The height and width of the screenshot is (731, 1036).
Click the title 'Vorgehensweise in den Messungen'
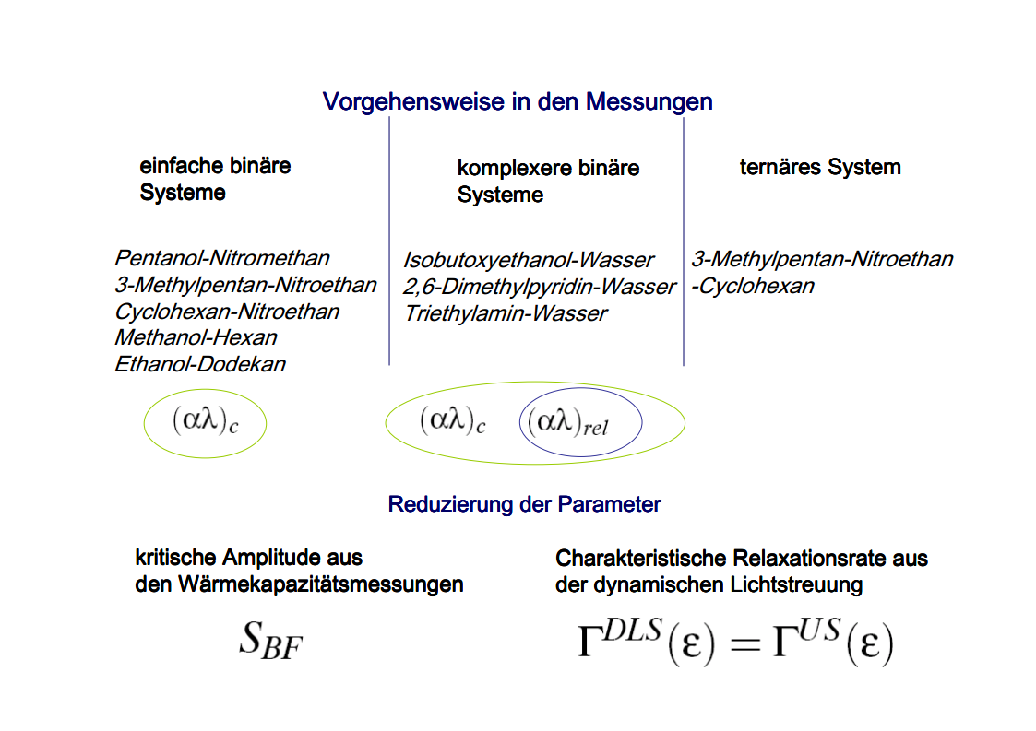tap(518, 101)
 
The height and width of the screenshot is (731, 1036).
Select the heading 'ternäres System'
tap(820, 168)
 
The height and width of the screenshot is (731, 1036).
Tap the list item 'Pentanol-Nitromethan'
tap(222, 258)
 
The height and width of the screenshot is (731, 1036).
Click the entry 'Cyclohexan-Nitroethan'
tap(227, 312)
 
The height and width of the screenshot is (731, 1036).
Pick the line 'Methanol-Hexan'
tap(196, 337)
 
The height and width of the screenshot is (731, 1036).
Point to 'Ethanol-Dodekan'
tap(200, 364)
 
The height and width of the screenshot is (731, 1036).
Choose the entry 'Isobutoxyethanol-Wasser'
tap(529, 260)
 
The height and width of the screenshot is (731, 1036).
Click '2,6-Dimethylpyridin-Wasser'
tap(540, 287)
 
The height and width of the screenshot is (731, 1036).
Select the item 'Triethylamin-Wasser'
tap(506, 313)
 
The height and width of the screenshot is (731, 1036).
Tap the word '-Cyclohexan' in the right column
tap(753, 286)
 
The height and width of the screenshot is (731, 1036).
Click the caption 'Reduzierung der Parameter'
tap(524, 505)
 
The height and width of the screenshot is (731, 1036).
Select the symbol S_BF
tap(270, 642)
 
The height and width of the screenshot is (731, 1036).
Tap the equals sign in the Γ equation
tap(742, 645)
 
